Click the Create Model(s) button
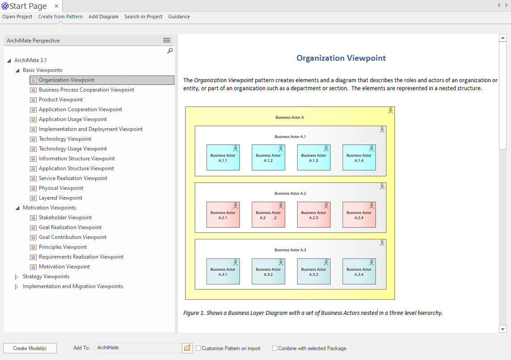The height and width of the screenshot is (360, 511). [30, 348]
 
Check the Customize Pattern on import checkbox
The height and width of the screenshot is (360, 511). [198, 348]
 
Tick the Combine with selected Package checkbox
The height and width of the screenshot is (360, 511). [275, 348]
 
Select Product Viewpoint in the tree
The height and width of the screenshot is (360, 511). [61, 100]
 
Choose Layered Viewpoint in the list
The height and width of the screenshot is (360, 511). [60, 198]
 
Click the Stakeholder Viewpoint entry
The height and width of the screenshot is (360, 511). [65, 218]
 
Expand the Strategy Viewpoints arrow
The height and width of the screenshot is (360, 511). [16, 277]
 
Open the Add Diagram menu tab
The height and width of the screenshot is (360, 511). [103, 17]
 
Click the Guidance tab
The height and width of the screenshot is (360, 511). [179, 17]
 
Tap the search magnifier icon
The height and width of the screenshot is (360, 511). [170, 51]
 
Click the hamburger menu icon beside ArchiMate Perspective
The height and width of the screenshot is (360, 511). [166, 40]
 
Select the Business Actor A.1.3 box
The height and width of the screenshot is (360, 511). [313, 158]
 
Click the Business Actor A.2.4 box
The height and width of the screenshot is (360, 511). [359, 214]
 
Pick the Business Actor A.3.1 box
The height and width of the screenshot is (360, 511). [223, 272]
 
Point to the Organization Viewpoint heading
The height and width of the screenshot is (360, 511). [341, 58]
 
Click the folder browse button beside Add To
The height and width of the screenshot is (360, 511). [187, 348]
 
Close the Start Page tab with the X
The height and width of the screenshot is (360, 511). [56, 6]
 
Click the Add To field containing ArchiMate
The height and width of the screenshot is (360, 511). [138, 348]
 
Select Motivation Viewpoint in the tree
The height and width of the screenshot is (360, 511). [64, 267]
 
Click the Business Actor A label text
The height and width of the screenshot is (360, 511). [290, 117]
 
